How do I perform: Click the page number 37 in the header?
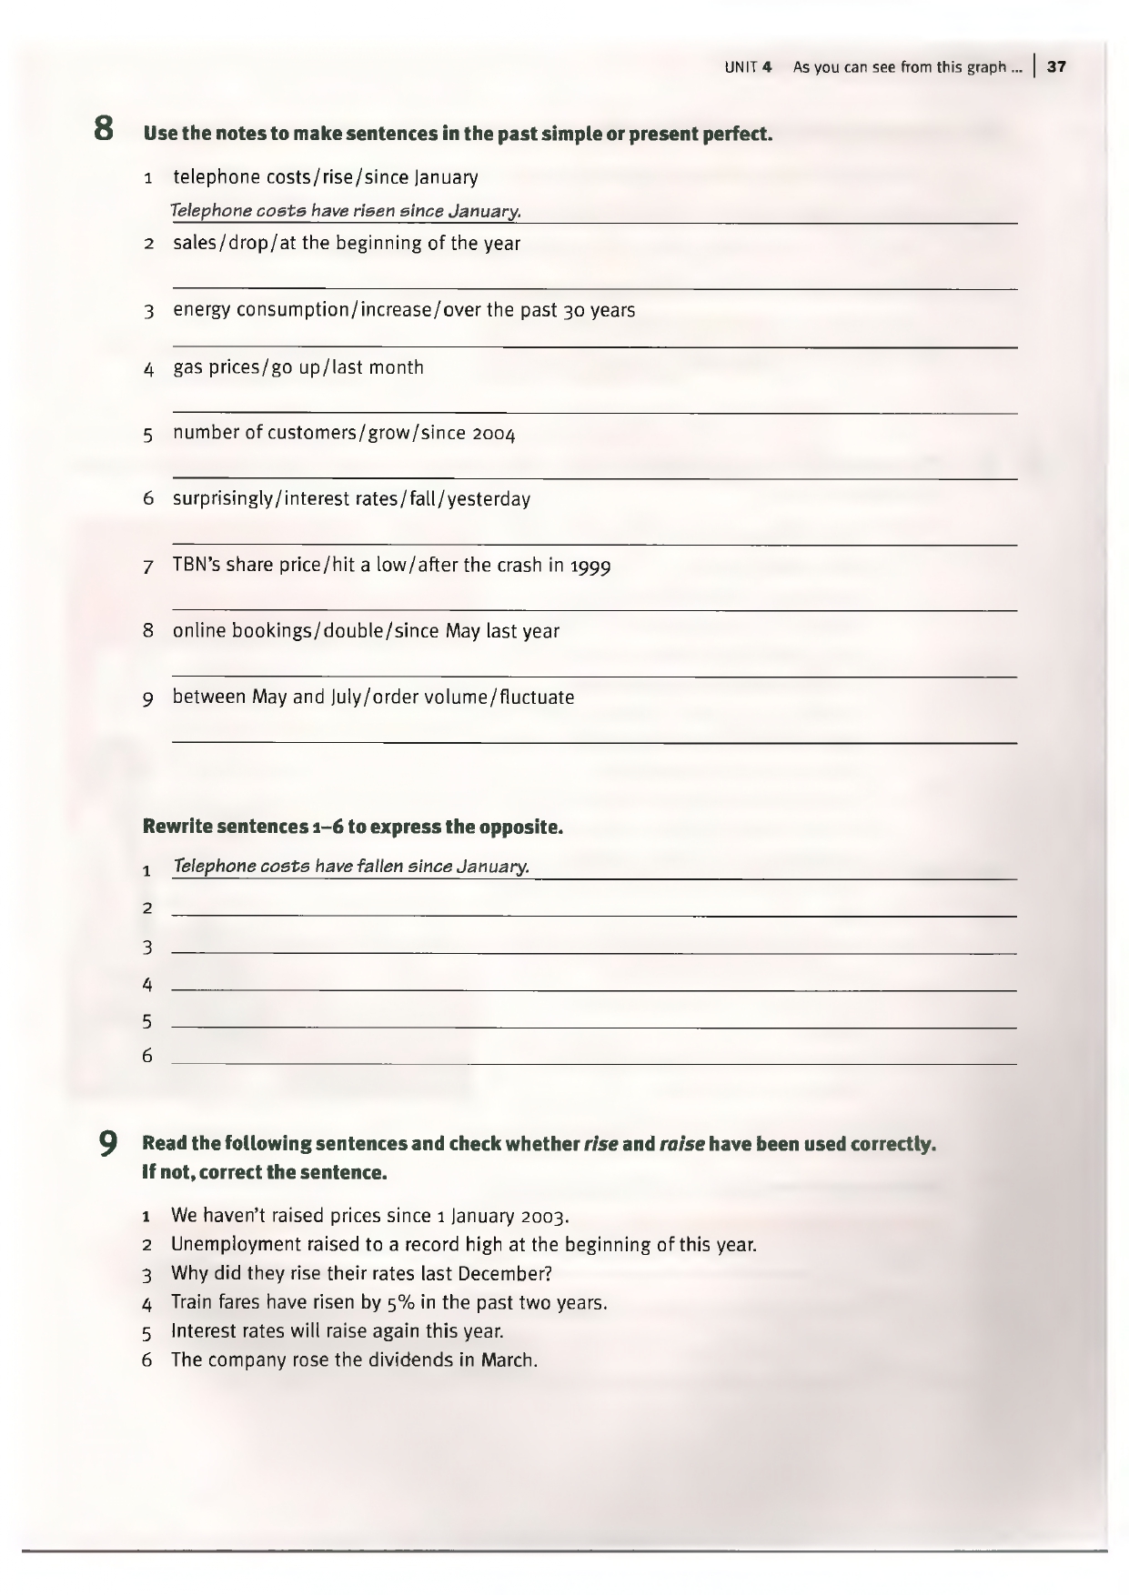pyautogui.click(x=1056, y=66)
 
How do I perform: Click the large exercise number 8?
pyautogui.click(x=105, y=128)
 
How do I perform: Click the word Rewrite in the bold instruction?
pyautogui.click(x=177, y=827)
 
